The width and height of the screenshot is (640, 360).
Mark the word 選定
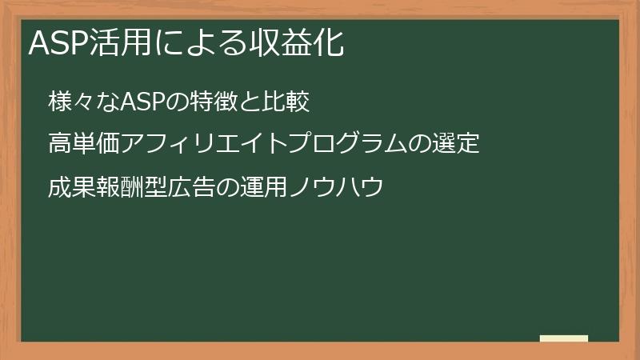(456, 145)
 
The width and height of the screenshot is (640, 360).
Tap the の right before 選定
(421, 145)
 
